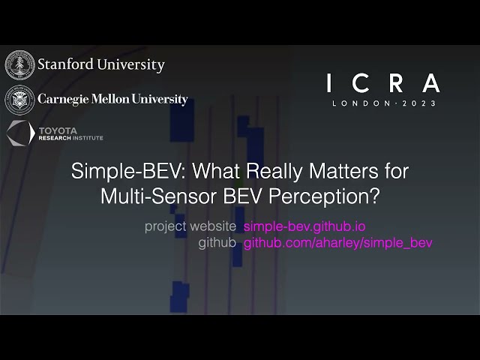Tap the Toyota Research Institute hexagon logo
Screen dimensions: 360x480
coord(19,133)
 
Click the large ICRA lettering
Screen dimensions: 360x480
coord(383,82)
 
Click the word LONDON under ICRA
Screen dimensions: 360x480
coord(359,103)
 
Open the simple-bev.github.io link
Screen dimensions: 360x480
coord(304,226)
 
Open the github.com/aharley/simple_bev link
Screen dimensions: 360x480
coord(338,243)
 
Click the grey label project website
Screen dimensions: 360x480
coord(191,226)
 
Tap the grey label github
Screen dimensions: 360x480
coord(217,243)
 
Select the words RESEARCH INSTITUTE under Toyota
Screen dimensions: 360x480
coord(71,139)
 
